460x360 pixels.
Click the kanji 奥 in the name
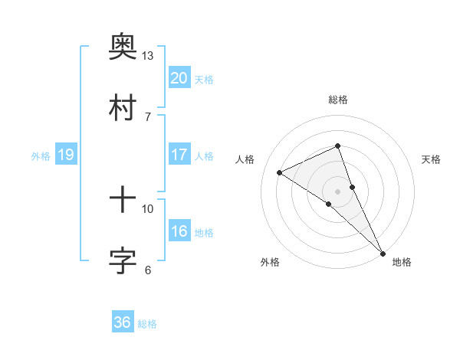[x=123, y=47]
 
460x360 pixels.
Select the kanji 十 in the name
[x=123, y=201]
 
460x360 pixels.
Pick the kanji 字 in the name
[x=123, y=260]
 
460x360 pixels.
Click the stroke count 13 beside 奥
[x=148, y=56]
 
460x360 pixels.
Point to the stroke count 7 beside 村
[x=148, y=116]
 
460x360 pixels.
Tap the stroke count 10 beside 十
[x=148, y=208]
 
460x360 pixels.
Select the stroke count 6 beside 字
[x=148, y=270]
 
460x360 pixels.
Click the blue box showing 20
[x=179, y=78]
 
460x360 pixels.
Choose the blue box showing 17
[x=179, y=155]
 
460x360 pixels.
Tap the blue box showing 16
[x=179, y=231]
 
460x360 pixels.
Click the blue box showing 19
[x=66, y=155]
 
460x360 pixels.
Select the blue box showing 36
[x=123, y=322]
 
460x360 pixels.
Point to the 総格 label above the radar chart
[x=338, y=100]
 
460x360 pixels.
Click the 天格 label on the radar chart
[x=431, y=159]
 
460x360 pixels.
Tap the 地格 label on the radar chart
[x=402, y=262]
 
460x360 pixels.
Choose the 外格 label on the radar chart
[x=270, y=262]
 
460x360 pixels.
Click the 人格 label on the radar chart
[x=245, y=159]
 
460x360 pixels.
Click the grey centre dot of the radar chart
[x=338, y=191]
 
